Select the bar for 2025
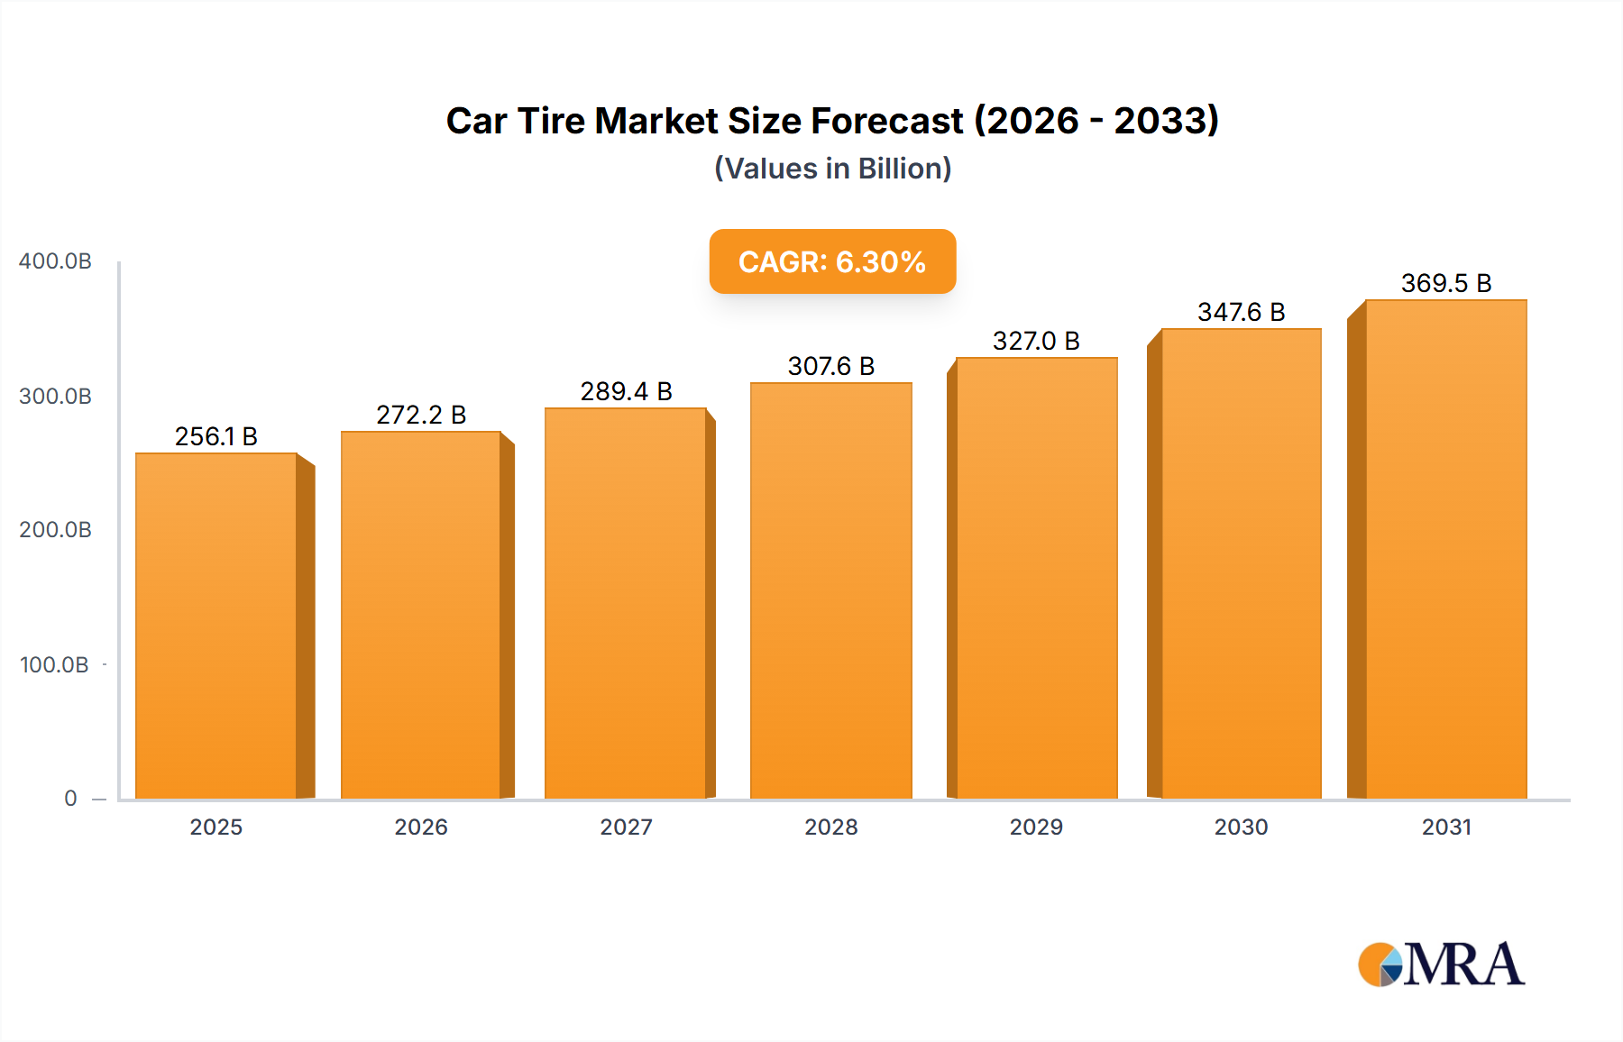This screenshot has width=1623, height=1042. click(x=216, y=626)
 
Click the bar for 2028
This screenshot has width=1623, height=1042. click(x=830, y=590)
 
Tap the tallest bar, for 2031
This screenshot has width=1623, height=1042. click(x=1446, y=549)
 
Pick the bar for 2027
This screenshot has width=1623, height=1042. click(x=626, y=603)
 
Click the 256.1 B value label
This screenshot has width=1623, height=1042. click(x=216, y=436)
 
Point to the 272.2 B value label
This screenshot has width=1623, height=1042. click(x=421, y=415)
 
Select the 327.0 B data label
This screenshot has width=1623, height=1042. click(x=1036, y=341)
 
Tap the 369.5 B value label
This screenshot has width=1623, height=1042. click(x=1446, y=283)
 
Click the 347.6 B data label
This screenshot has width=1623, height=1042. click(x=1241, y=312)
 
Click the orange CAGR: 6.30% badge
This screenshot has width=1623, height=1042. click(x=832, y=261)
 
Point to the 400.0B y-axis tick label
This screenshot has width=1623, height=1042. click(x=55, y=261)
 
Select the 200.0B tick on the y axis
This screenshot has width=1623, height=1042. click(x=55, y=530)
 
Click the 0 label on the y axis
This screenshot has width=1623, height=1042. click(x=70, y=799)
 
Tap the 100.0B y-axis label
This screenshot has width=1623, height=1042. click(x=54, y=665)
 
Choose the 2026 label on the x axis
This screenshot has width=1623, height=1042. click(x=421, y=827)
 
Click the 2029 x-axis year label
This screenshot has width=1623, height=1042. click(x=1036, y=827)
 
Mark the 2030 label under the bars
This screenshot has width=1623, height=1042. click(x=1241, y=827)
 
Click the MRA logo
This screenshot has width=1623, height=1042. click(x=1441, y=964)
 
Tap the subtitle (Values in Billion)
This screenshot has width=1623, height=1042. click(x=832, y=169)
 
